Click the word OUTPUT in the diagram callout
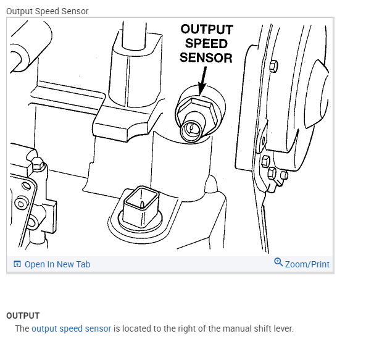coord(207,30)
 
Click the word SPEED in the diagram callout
coord(206,44)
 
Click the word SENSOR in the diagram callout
coord(206,58)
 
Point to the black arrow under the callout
coord(202,80)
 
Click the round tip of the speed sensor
coord(191,130)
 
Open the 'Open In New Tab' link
coord(57,264)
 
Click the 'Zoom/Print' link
coord(307,264)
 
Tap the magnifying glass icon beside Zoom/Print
coord(278,262)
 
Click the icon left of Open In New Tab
coord(17,264)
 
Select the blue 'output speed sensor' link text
coord(71,329)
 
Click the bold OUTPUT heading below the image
coord(23,316)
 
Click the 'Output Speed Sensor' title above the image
coord(48,11)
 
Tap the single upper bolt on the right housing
coord(273,66)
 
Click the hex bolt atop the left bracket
coord(38,164)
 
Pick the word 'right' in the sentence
coord(187,329)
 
